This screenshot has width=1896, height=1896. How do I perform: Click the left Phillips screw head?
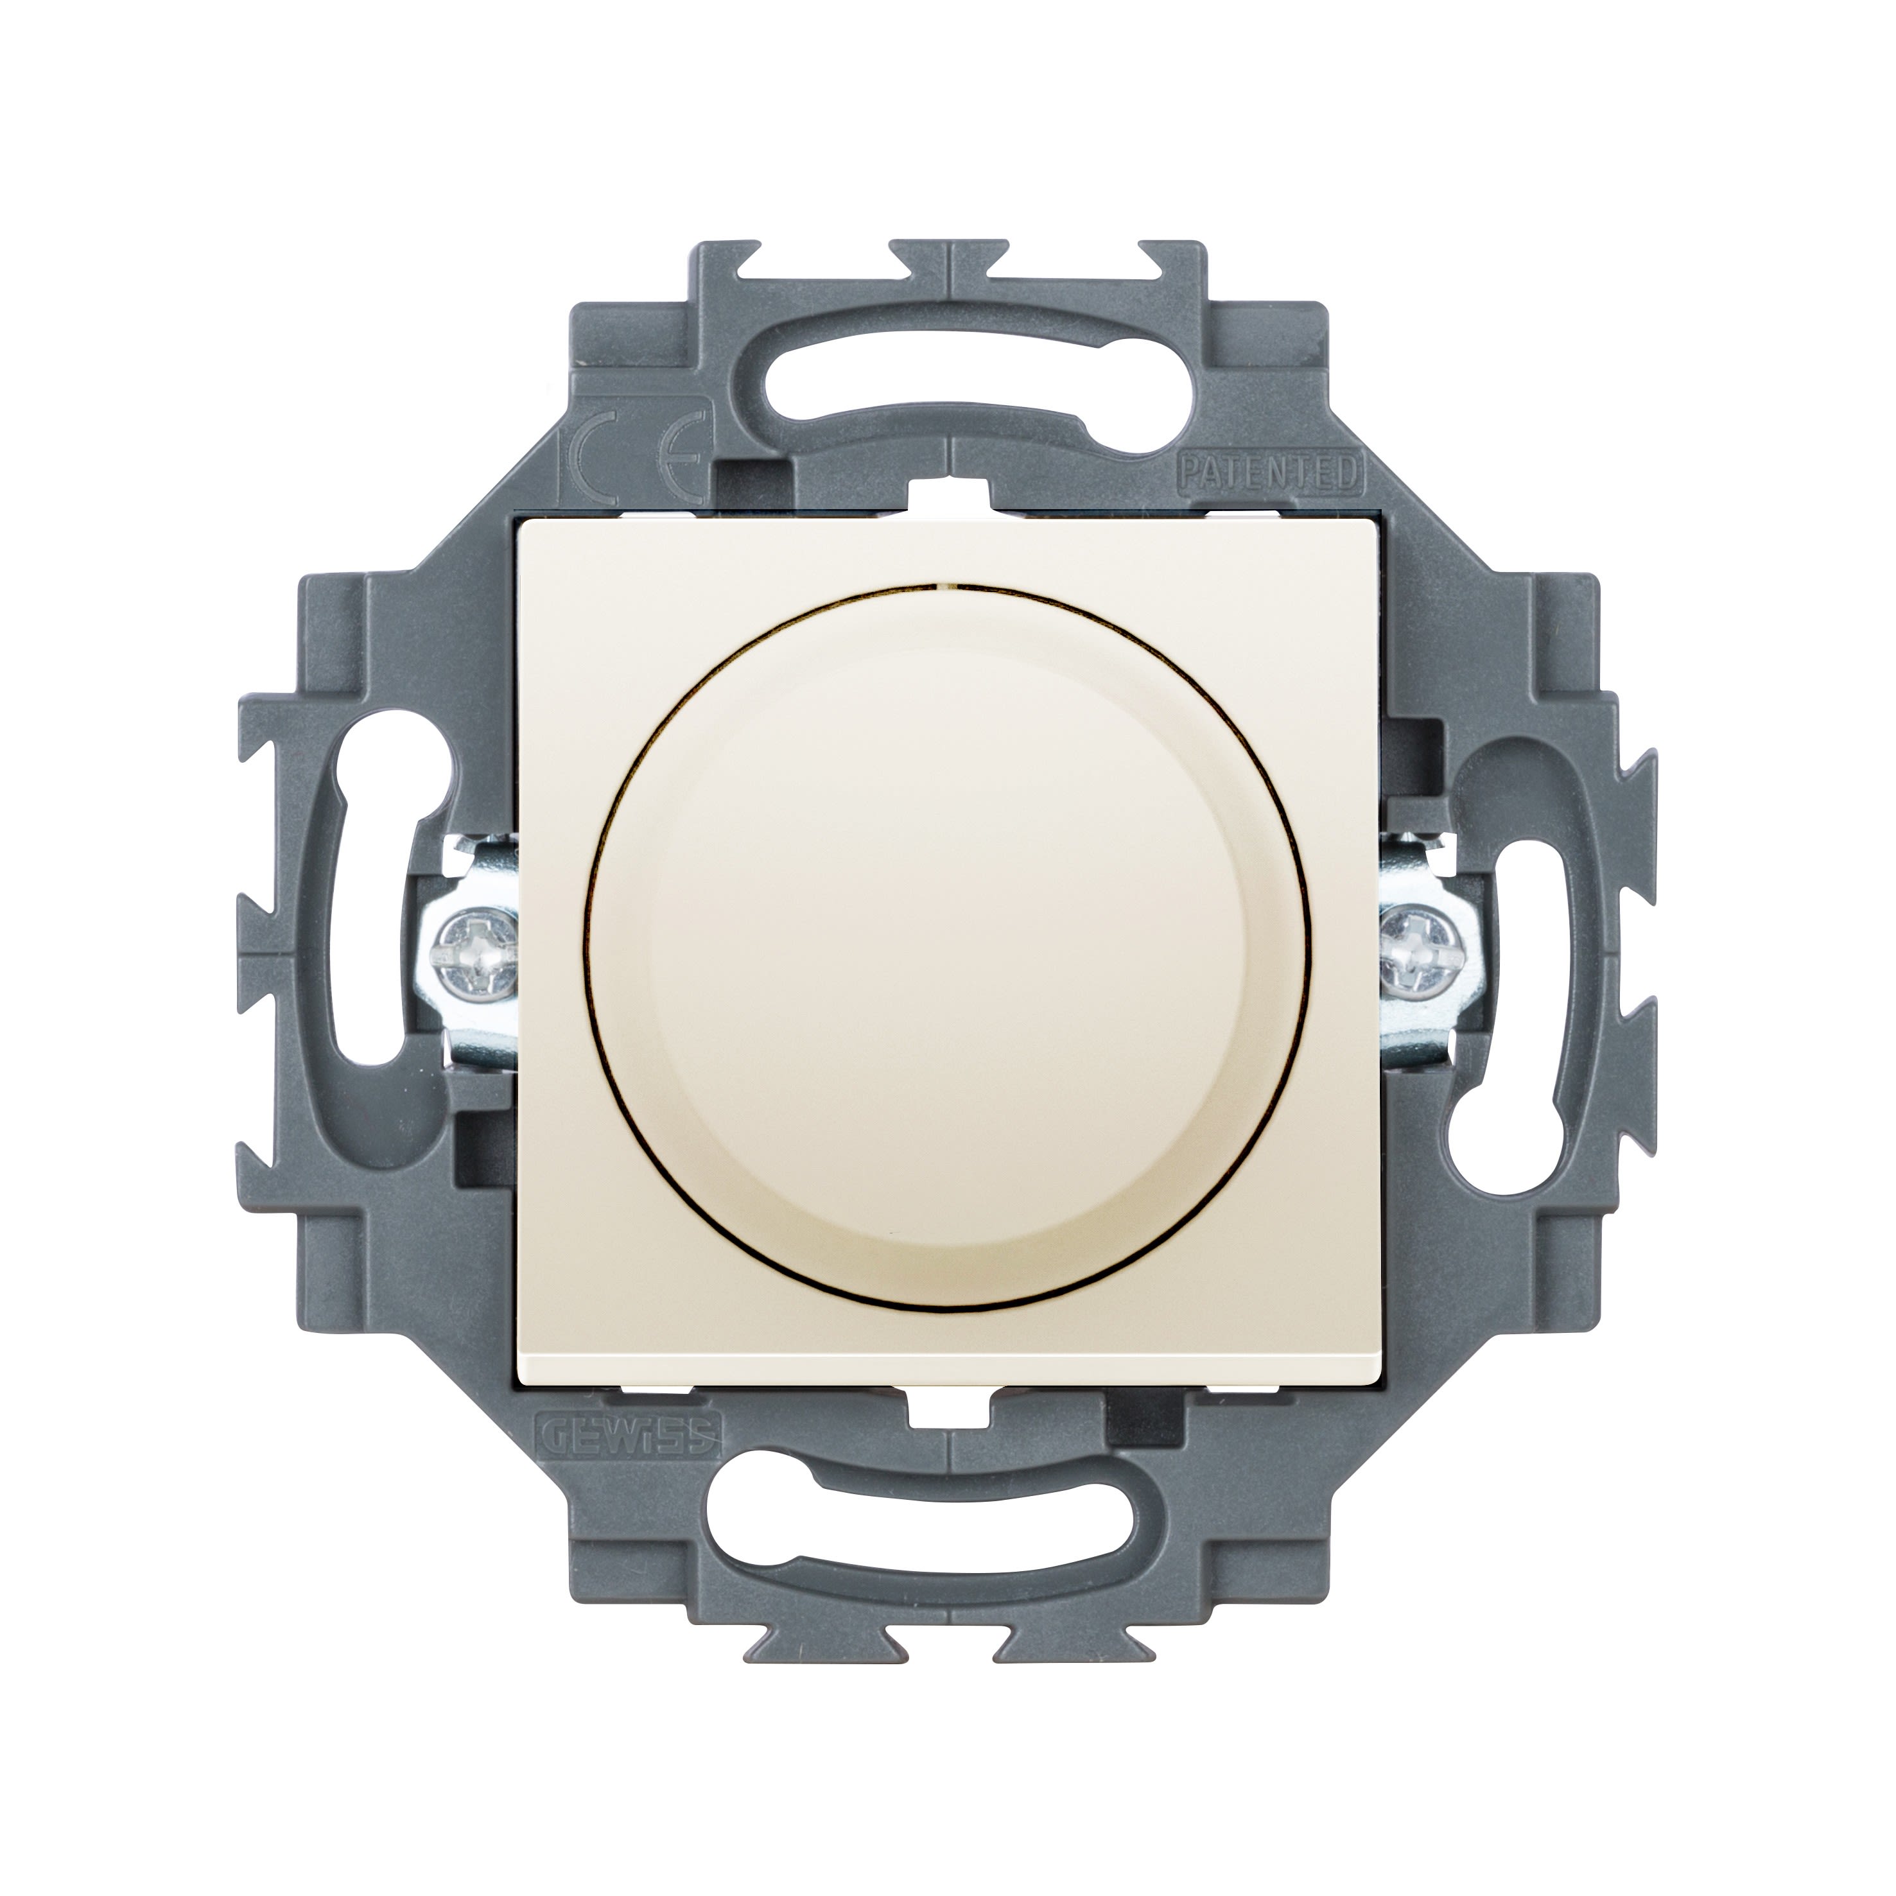[x=473, y=949]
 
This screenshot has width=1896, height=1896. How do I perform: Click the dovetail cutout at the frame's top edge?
[x=948, y=256]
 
